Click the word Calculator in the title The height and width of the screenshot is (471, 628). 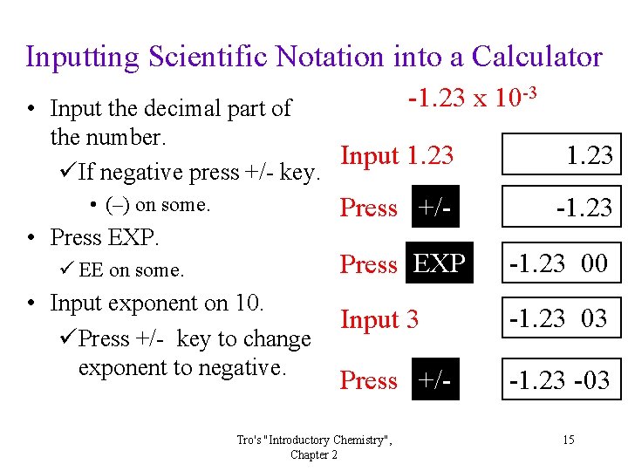(x=536, y=57)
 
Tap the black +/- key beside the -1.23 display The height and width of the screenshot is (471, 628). (x=435, y=208)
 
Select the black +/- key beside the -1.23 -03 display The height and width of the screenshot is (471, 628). (x=435, y=380)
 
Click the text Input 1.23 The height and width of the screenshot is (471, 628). (x=397, y=156)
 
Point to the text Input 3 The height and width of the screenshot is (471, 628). (x=379, y=320)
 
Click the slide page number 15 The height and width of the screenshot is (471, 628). (x=568, y=440)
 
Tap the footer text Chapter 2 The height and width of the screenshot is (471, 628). (x=314, y=454)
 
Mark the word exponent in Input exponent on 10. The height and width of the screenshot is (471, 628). (x=153, y=304)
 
